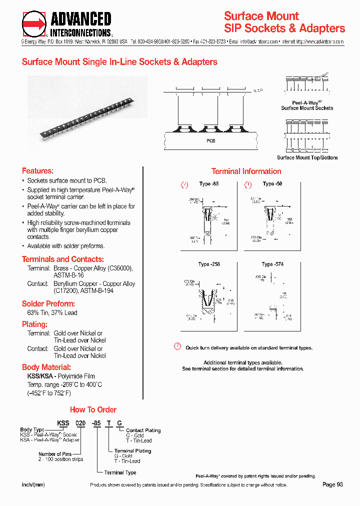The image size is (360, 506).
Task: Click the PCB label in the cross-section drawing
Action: (x=211, y=141)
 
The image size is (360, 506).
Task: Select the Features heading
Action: (x=37, y=170)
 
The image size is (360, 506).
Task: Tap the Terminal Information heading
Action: (x=246, y=171)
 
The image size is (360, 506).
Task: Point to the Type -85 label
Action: (x=209, y=184)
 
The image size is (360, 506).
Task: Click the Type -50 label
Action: (x=272, y=184)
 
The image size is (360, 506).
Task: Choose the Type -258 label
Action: (x=209, y=264)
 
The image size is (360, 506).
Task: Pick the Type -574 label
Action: (x=272, y=264)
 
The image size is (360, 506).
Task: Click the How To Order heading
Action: (x=93, y=409)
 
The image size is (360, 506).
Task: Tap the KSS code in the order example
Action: (x=63, y=423)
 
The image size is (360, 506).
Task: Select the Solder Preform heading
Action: (x=48, y=303)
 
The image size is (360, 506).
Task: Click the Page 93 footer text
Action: (x=332, y=484)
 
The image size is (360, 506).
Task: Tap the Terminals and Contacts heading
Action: (x=63, y=259)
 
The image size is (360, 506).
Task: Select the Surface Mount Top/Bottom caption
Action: (x=307, y=157)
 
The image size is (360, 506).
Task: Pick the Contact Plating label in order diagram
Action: (x=143, y=430)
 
